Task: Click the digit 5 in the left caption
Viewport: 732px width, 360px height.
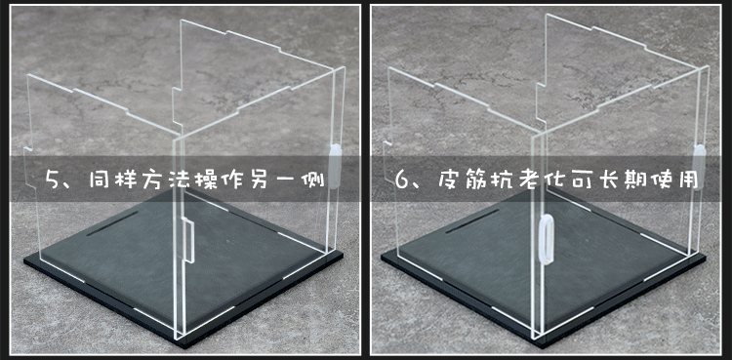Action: [x=52, y=179]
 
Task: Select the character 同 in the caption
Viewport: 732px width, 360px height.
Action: [x=98, y=180]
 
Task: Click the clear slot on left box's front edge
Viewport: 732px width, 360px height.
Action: [x=187, y=240]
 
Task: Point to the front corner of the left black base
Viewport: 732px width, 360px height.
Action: [x=182, y=340]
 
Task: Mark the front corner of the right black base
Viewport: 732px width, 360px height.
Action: [x=541, y=342]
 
